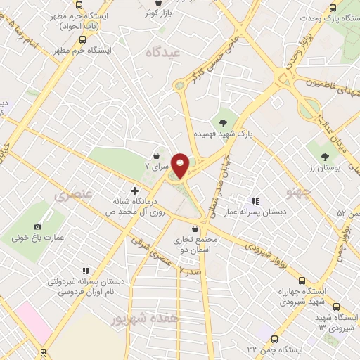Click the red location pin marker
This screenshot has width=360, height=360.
[x=181, y=165]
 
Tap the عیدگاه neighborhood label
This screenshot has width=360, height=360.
[x=163, y=52]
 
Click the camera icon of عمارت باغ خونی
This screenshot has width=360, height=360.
[x=37, y=226]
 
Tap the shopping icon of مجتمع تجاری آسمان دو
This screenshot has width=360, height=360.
[x=194, y=229]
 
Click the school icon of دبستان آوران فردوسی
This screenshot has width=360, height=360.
[x=86, y=270]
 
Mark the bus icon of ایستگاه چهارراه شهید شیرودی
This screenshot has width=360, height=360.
[x=302, y=281]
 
